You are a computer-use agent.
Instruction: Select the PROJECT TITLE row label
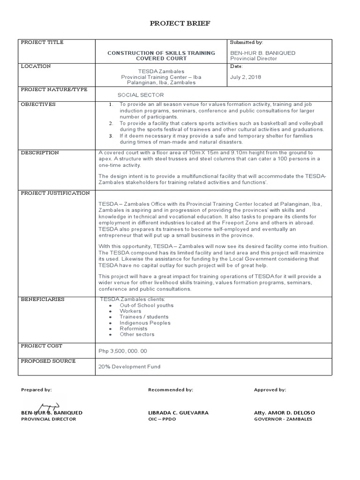tap(42, 42)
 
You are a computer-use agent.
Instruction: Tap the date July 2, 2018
tap(246, 77)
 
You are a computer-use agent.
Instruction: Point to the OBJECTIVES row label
tap(38, 104)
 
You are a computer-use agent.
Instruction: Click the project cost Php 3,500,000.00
tap(123, 351)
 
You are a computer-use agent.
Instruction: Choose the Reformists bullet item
tap(133, 329)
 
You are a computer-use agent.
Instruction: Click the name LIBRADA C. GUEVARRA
tap(178, 412)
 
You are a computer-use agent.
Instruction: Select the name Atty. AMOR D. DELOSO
tap(284, 412)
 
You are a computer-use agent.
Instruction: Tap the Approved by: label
tap(270, 390)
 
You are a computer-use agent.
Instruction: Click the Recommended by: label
tap(170, 390)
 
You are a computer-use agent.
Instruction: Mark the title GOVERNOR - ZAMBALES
tap(283, 419)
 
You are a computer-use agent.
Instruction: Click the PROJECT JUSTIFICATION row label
tap(55, 193)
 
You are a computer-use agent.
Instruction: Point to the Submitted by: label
tap(247, 42)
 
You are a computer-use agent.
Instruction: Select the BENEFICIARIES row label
tap(43, 299)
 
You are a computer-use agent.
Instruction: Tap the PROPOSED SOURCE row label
tap(48, 361)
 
